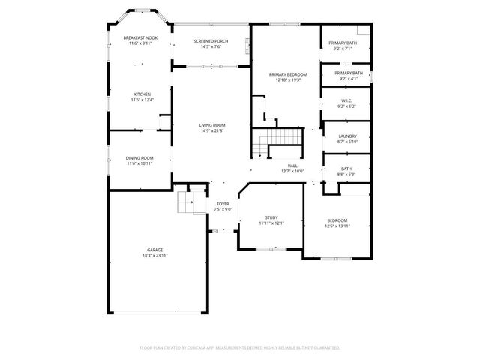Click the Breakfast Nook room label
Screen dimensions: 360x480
click(x=141, y=37)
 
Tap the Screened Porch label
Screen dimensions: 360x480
click(x=211, y=40)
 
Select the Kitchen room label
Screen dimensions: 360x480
click(x=141, y=94)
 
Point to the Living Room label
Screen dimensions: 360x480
click(x=212, y=125)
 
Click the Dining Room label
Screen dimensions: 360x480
click(x=139, y=158)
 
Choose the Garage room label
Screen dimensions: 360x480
click(x=155, y=250)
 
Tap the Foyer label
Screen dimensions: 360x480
click(x=223, y=204)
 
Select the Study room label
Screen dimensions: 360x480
click(x=271, y=217)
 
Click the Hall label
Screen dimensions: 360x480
click(x=292, y=165)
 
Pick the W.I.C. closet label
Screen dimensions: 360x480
click(x=346, y=100)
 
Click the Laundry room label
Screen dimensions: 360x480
click(x=346, y=136)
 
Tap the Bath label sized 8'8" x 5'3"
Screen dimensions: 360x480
click(x=346, y=169)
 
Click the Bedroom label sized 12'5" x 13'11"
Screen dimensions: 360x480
click(x=336, y=220)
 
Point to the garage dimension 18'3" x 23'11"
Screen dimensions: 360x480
click(x=155, y=255)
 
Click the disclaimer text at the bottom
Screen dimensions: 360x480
click(x=240, y=348)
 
